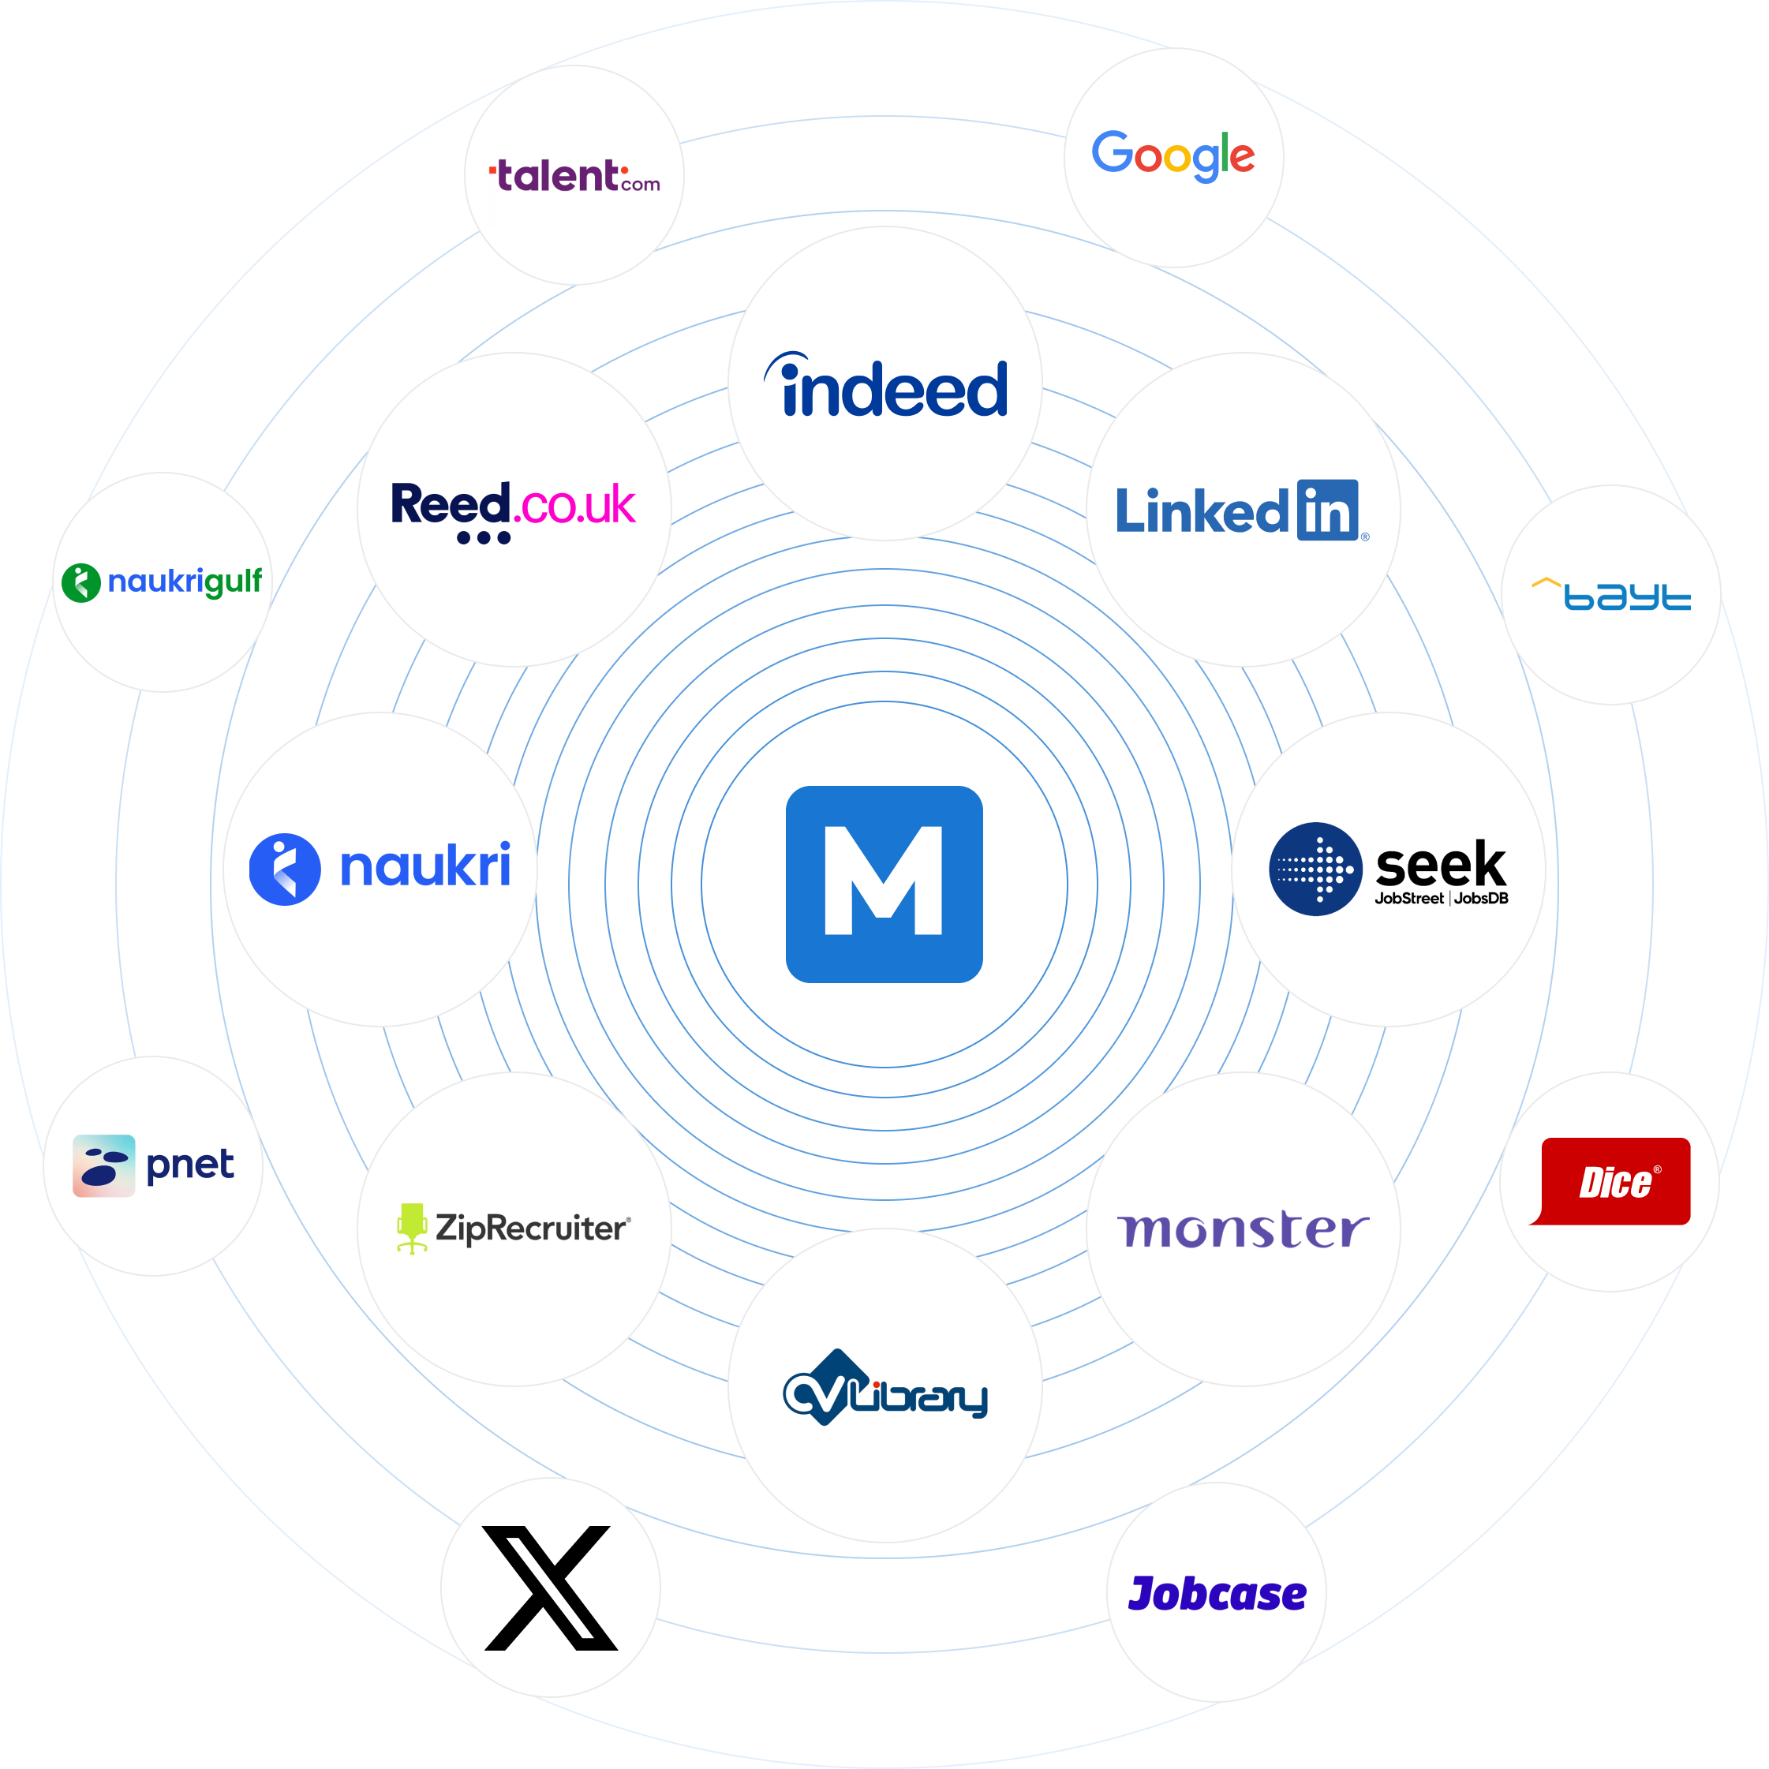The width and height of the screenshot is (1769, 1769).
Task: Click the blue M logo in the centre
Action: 884,884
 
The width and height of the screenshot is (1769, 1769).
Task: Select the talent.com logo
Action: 575,176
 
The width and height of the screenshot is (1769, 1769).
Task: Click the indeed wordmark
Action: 886,388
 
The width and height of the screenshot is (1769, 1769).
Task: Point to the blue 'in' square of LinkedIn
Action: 1327,510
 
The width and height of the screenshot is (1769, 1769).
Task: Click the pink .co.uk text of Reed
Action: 577,504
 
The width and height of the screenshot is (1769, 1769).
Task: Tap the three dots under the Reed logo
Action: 484,537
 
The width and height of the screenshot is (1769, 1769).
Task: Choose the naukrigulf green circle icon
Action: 80,582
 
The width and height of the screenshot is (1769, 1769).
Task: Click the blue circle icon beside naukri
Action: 285,869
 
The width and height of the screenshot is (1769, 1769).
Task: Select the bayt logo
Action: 1611,594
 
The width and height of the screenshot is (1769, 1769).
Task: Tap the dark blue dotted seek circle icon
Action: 1315,868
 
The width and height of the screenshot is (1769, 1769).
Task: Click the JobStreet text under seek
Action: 1408,898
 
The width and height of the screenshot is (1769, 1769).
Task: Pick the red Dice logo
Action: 1614,1181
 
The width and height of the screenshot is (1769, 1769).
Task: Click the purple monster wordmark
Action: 1243,1229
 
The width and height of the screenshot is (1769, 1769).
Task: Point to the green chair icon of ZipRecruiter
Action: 412,1227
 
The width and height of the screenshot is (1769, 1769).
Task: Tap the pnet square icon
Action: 103,1165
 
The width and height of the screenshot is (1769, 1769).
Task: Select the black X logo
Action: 550,1588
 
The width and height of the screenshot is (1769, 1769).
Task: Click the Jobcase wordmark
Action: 1217,1594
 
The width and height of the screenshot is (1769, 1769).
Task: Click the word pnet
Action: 189,1165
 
